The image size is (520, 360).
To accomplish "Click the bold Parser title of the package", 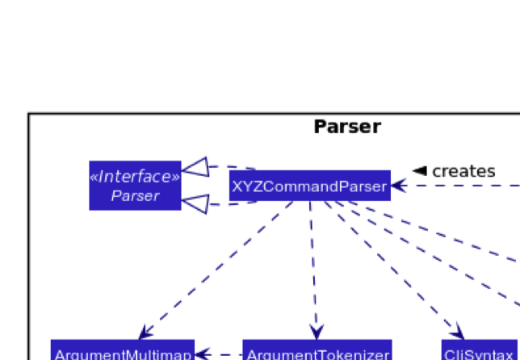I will click(346, 127).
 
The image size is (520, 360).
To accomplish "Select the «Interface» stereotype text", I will click(135, 177).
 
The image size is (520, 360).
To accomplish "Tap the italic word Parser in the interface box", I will click(135, 195).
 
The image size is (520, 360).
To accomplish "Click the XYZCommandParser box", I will click(309, 187).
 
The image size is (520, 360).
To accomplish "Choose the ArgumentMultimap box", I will click(123, 354).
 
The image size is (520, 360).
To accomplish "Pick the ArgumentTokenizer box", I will click(317, 354).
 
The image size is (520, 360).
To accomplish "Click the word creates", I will click(463, 171).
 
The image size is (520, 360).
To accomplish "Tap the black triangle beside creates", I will click(419, 171).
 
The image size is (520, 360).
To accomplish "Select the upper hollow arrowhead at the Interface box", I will click(195, 167).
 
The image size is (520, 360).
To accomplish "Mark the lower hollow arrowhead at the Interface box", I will click(195, 204).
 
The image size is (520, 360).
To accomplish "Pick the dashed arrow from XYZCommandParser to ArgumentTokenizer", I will click(312, 266).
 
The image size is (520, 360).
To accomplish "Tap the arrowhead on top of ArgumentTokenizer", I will click(316, 332).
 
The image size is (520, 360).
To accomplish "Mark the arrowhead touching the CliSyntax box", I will click(459, 332).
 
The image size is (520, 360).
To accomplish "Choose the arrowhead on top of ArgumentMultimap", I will click(145, 332).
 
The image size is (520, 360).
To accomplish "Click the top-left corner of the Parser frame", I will click(28, 114).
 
